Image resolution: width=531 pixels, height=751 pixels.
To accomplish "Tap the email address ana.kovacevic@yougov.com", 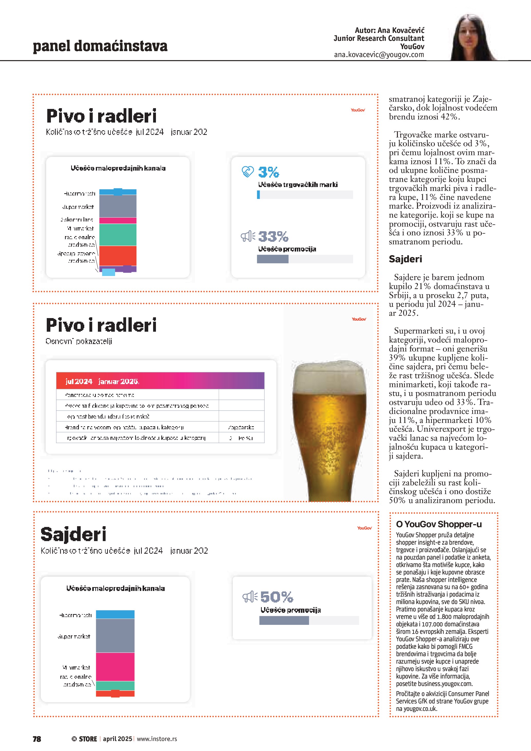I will (x=379, y=55).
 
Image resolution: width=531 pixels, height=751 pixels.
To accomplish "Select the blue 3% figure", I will (x=268, y=172).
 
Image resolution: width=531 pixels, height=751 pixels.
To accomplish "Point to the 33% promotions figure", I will (x=273, y=236).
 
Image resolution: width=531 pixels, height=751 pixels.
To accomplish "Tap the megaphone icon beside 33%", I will (x=247, y=236).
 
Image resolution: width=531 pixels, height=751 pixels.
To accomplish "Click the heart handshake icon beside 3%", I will (x=247, y=171).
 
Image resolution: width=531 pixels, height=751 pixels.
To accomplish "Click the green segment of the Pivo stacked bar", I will (x=118, y=235).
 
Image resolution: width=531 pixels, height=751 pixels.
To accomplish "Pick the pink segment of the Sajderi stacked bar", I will (x=115, y=667).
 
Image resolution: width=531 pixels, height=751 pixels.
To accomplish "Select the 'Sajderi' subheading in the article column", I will (x=405, y=259).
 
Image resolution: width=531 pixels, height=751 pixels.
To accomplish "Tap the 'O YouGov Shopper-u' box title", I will (x=439, y=524).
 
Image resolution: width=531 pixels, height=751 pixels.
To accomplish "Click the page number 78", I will (x=37, y=739).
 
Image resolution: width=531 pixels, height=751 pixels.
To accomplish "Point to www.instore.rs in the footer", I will (x=157, y=739).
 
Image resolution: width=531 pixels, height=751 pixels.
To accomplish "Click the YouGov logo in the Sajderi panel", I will (x=364, y=528).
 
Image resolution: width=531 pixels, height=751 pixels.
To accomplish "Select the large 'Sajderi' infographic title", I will (x=73, y=534).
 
